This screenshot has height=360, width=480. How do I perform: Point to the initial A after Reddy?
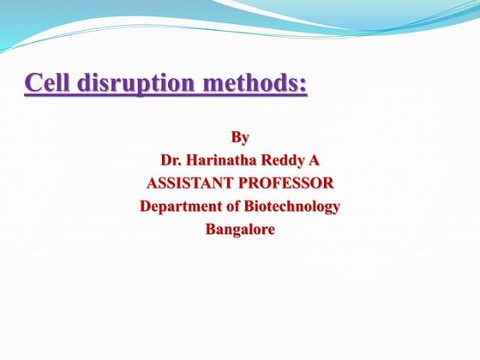(x=314, y=159)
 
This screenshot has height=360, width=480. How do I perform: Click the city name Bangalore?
(x=240, y=229)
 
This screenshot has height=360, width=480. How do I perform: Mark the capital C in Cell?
(x=33, y=85)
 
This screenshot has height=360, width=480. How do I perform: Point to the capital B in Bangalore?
(x=210, y=229)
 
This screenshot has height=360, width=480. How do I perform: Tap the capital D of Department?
(x=146, y=206)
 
